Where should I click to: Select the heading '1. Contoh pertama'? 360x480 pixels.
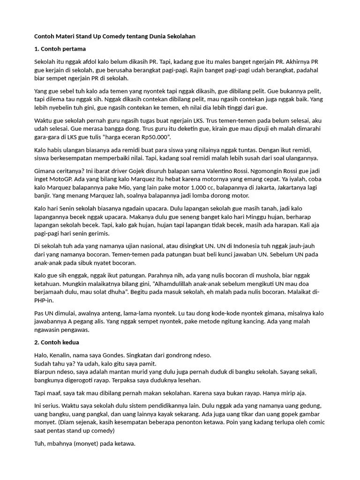tap(60, 49)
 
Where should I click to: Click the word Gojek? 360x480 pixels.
tap(123, 172)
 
